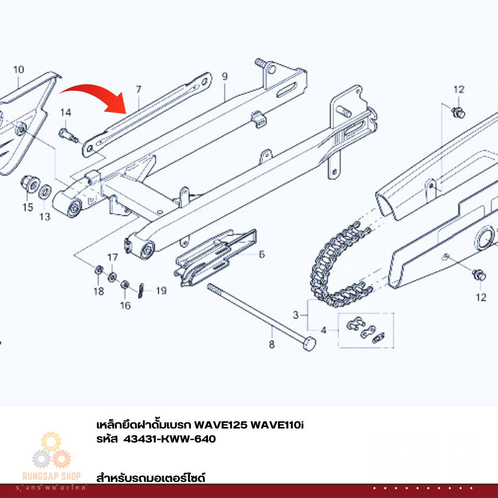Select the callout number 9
click(x=225, y=77)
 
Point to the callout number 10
click(x=18, y=70)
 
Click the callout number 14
click(x=65, y=113)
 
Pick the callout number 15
click(x=27, y=208)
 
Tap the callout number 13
click(x=45, y=216)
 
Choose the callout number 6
click(x=261, y=254)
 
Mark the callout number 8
click(x=271, y=343)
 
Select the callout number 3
click(x=296, y=314)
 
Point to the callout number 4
click(x=323, y=329)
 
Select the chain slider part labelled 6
click(x=215, y=257)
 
